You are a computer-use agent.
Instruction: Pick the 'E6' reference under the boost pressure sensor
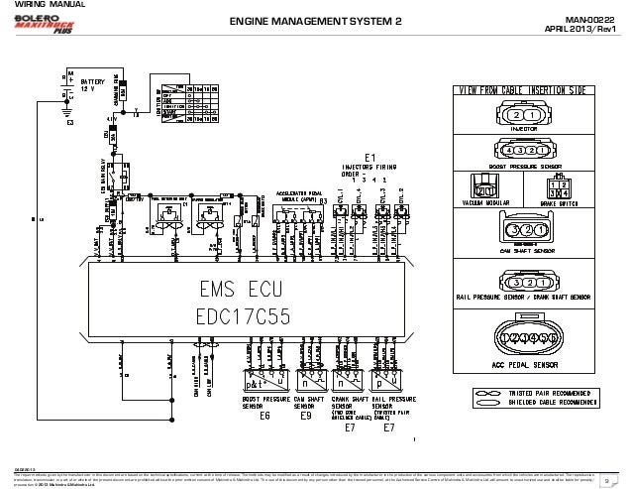click(264, 417)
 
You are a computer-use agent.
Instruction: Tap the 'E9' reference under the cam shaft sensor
click(306, 417)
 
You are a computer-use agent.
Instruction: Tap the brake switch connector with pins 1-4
click(566, 187)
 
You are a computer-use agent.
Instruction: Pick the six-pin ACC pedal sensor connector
click(523, 338)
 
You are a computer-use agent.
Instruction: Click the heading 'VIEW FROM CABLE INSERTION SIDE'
click(522, 91)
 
